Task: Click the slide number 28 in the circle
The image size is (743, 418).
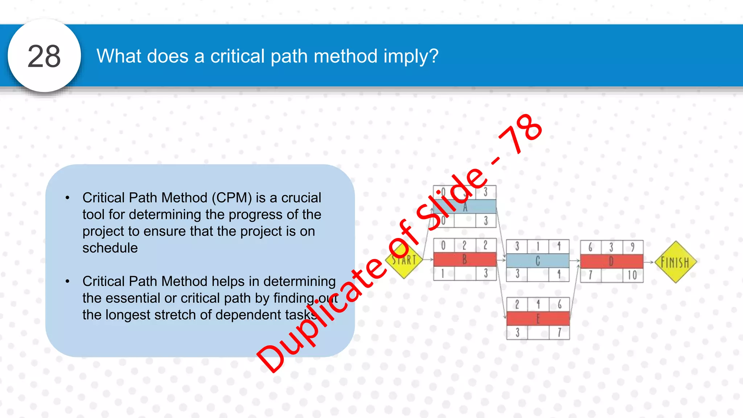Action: (44, 56)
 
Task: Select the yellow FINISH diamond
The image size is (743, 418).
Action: (675, 262)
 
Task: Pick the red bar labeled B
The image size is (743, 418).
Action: (465, 259)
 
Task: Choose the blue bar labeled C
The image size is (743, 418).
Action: (538, 261)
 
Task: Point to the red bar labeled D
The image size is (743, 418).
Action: (612, 261)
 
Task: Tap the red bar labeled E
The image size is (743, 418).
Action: (538, 319)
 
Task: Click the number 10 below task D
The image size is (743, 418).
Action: (632, 275)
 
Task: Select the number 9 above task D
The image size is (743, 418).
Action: (633, 247)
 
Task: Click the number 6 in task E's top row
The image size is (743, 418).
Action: (559, 304)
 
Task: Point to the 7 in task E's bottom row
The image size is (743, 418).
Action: (559, 332)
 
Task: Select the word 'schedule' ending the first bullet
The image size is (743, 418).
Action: (110, 248)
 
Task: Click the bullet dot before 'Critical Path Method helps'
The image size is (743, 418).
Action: (67, 282)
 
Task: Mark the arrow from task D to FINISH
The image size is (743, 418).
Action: (649, 262)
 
